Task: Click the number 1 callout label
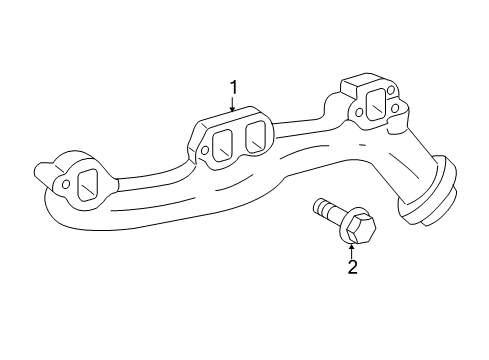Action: coord(233,89)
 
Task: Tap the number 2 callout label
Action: coord(351,266)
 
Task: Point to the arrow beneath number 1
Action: coord(233,108)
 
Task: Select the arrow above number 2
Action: coord(351,249)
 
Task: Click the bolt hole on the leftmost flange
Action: coord(66,184)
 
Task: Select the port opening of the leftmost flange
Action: coord(86,184)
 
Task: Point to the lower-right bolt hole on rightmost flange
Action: coord(396,107)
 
